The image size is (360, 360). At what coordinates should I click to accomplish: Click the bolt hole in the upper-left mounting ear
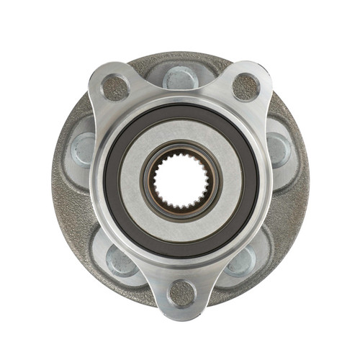(116, 88)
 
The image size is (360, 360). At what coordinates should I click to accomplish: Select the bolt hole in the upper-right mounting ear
(246, 87)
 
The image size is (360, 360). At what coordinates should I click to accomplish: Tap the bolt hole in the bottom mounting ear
(181, 293)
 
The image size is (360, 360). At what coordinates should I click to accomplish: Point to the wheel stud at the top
(180, 76)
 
